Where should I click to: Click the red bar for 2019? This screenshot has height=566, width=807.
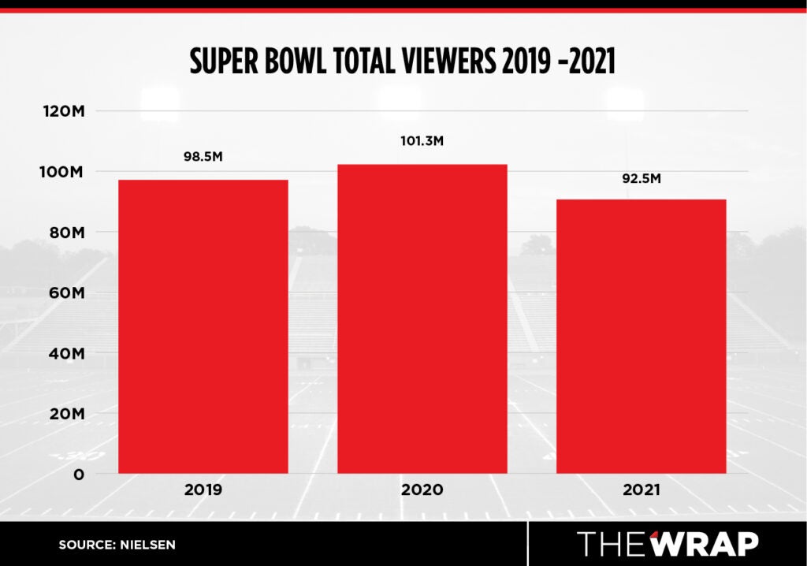pos(203,326)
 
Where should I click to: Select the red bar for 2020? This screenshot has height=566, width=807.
pos(422,318)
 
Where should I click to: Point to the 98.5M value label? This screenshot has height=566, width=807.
pos(203,157)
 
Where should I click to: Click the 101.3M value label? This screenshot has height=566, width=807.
pos(422,141)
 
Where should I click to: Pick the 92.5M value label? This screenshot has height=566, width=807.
pos(641,178)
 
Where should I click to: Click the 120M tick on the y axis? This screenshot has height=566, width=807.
pos(63,111)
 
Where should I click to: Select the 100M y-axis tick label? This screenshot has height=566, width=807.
pos(63,172)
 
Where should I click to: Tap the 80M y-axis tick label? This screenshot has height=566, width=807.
pos(65,233)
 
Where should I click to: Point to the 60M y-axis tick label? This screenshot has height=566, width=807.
pos(65,292)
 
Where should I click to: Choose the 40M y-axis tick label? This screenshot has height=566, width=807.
pos(65,353)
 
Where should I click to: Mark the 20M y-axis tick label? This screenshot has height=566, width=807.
pos(65,414)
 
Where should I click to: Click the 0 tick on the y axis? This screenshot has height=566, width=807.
pos(78,474)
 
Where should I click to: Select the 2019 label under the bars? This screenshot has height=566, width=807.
pos(203,490)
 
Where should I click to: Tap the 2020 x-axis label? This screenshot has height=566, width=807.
pos(422,490)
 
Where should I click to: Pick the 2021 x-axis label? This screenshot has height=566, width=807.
pos(641,490)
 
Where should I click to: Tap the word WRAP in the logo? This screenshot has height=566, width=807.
pos(705,544)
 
